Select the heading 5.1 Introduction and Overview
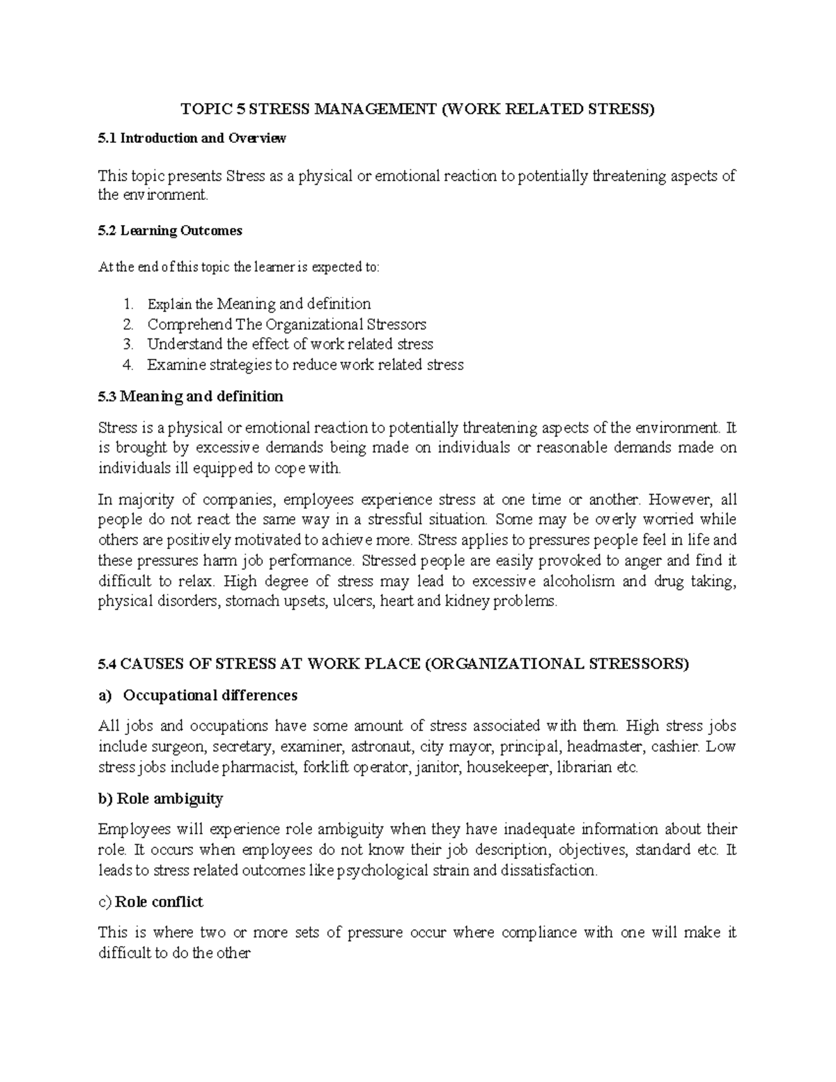192,138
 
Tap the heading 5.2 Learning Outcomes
170,231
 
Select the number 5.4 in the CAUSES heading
107,664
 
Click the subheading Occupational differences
210,695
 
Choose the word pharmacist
260,768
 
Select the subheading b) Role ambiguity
161,798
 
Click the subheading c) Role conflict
151,902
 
